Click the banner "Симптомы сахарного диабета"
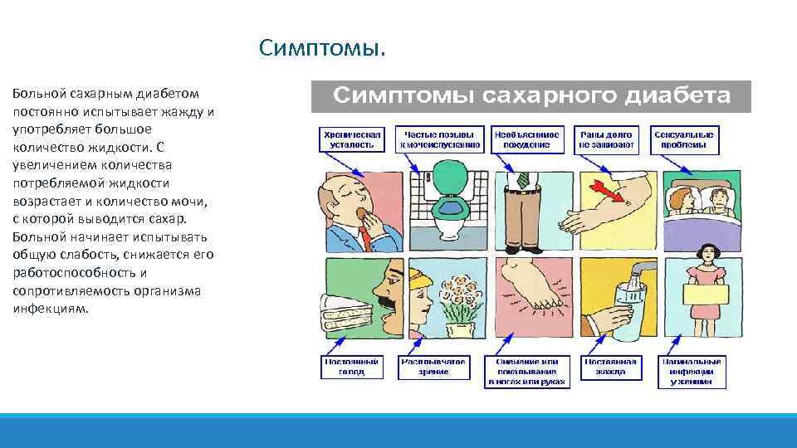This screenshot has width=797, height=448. pos(531,96)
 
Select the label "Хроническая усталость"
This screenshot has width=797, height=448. pos(352,139)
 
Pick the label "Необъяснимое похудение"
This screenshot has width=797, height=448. pos(526,139)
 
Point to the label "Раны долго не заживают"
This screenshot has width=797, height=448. pos(606,139)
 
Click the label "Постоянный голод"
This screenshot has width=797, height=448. pos(352,367)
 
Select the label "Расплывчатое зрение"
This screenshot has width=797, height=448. pos(433,367)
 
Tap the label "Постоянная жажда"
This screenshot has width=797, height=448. pos(610,367)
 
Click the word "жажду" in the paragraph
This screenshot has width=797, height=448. pos(185,111)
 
